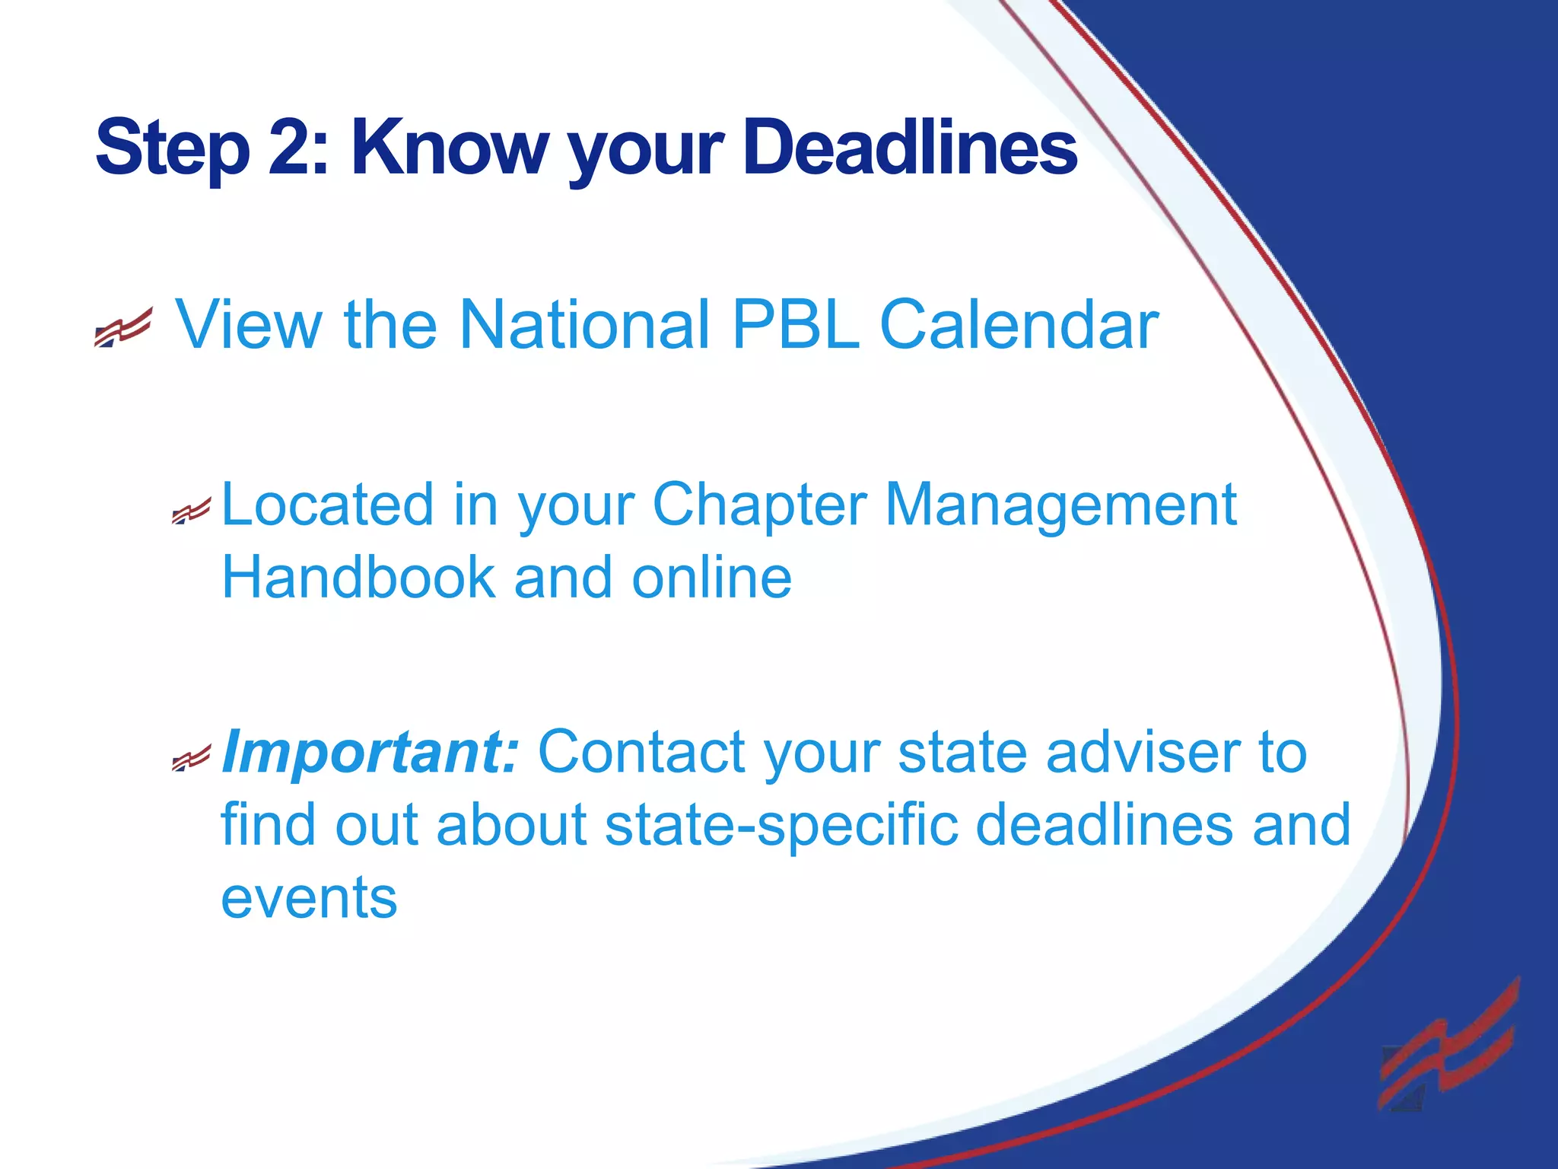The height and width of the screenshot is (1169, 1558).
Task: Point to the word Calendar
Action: pyautogui.click(x=1019, y=325)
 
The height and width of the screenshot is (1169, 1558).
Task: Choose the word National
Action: pyautogui.click(x=584, y=325)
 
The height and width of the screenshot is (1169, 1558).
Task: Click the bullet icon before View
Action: pyautogui.click(x=123, y=328)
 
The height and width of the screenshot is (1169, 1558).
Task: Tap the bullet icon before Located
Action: pyautogui.click(x=190, y=511)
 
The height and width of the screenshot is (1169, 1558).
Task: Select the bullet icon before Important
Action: pyautogui.click(x=190, y=758)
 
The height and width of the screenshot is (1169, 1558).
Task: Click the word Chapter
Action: pyautogui.click(x=759, y=506)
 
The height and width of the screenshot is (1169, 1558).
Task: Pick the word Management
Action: pyautogui.click(x=1060, y=506)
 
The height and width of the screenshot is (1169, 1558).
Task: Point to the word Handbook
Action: pyautogui.click(x=358, y=578)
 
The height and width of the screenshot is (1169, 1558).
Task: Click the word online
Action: pyautogui.click(x=711, y=578)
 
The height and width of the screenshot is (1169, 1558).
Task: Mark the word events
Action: pyautogui.click(x=309, y=898)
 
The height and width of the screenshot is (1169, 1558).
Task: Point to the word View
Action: pyautogui.click(x=250, y=325)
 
